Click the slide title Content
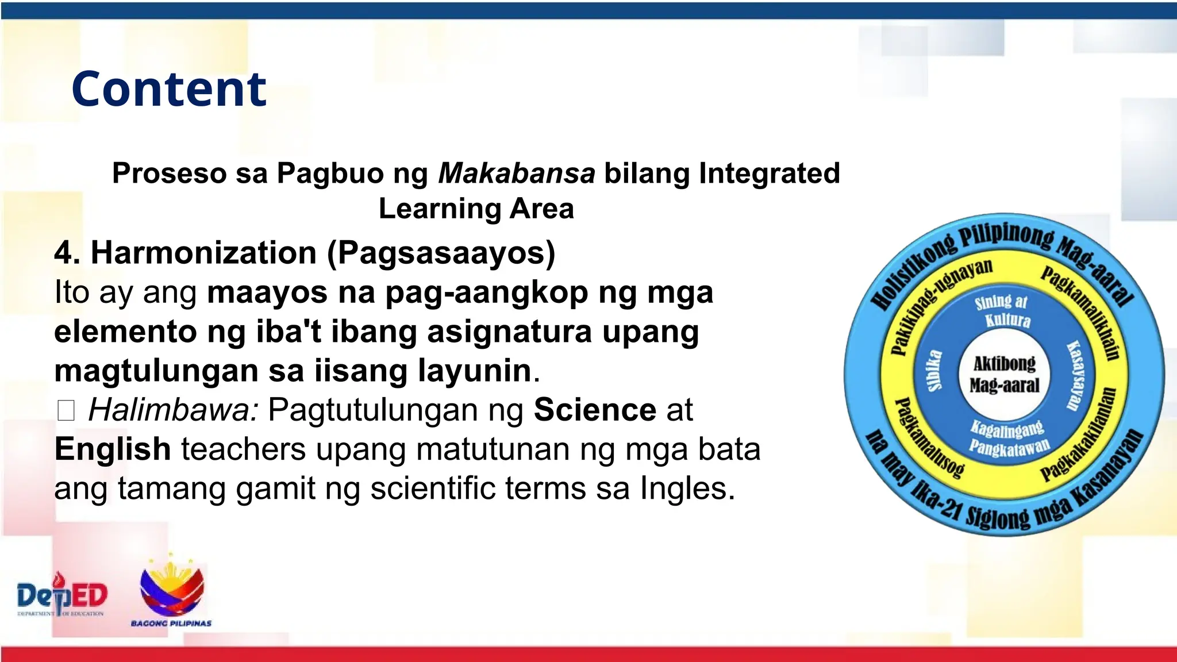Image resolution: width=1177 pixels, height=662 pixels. (169, 89)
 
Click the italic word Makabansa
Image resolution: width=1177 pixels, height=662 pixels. (516, 173)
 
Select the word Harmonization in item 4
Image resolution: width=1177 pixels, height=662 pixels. (203, 253)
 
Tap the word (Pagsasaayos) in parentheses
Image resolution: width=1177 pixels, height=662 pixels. (441, 253)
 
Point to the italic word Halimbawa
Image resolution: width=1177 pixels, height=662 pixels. (173, 410)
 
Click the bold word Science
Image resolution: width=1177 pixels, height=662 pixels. (595, 410)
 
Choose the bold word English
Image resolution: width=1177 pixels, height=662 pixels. (113, 449)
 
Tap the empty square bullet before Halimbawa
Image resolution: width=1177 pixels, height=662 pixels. (66, 411)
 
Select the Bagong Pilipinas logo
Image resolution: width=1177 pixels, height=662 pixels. (171, 592)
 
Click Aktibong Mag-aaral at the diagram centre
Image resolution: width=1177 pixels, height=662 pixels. (1004, 374)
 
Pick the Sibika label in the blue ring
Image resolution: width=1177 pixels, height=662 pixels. (935, 370)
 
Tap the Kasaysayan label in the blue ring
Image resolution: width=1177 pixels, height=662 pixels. (1074, 375)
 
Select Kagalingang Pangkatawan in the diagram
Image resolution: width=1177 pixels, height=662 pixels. (1008, 437)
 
